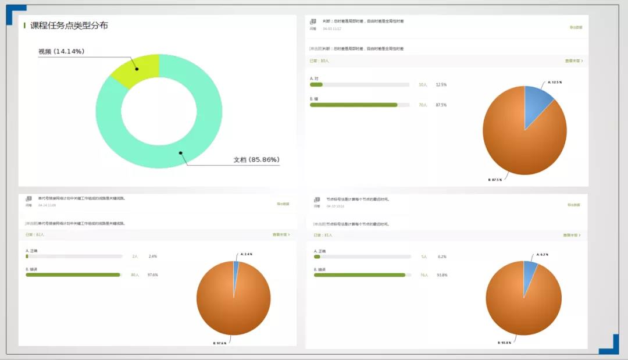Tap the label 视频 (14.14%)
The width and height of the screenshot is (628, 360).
[x=61, y=52]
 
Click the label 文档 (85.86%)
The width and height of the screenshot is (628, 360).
[x=256, y=159]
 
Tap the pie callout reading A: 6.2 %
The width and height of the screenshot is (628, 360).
[x=542, y=255]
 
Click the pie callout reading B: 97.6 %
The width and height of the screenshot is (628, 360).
[x=219, y=343]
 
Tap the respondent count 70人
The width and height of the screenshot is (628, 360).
[x=423, y=105]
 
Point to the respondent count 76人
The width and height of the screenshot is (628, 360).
[x=424, y=275]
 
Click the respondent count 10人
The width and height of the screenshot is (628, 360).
[x=423, y=85]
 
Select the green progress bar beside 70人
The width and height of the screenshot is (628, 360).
[x=354, y=105]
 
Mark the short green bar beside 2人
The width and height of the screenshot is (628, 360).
[x=27, y=256]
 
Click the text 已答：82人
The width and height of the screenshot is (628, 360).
[x=34, y=235]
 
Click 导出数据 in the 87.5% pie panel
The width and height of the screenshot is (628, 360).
[x=576, y=27]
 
